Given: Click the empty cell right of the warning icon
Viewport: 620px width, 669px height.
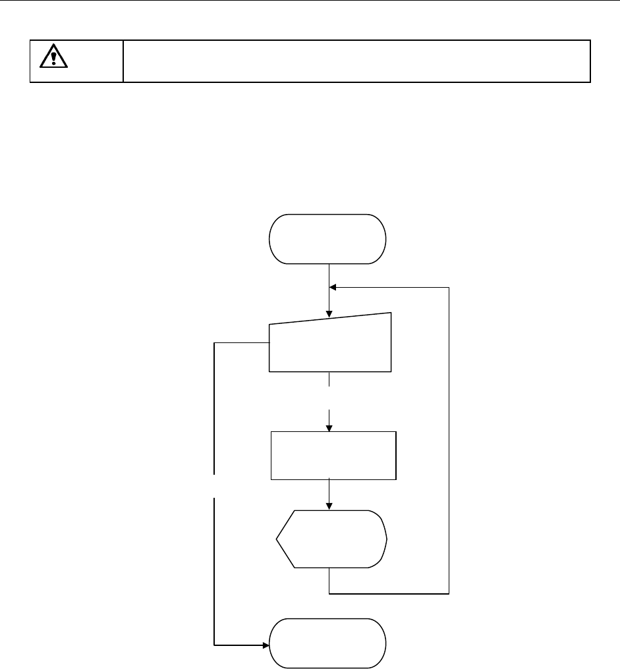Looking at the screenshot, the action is [x=356, y=61].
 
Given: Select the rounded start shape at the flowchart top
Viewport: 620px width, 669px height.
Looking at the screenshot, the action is [x=327, y=239].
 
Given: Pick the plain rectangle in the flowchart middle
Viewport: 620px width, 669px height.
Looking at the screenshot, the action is [x=333, y=455].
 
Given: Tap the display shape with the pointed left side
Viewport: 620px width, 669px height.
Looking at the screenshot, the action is [x=331, y=539].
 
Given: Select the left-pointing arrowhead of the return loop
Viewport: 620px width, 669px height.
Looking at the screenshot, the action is [x=333, y=288].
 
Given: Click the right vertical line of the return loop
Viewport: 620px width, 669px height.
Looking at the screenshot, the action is [x=449, y=441].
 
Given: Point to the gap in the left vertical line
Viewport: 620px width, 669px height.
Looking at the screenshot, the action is [x=215, y=486].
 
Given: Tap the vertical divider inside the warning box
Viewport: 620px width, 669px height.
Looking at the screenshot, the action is [x=123, y=61].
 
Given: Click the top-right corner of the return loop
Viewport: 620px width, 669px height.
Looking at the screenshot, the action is [x=449, y=288].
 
